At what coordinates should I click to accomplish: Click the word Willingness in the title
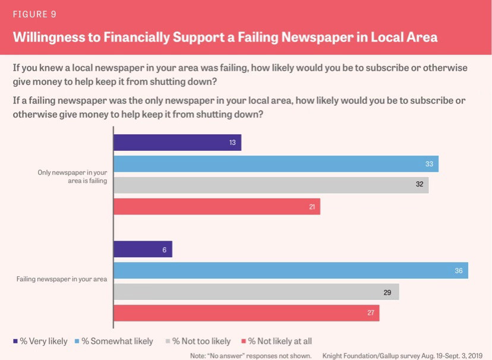51,37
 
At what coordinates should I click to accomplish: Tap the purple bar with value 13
177,143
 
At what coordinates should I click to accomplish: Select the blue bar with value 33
276,164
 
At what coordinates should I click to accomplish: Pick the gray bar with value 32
270,185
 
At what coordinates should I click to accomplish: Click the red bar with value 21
216,206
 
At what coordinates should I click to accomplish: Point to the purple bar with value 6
143,249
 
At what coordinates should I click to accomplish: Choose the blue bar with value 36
291,270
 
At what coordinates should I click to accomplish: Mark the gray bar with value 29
256,292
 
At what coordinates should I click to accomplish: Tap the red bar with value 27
246,313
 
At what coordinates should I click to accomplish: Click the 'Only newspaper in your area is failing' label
72,176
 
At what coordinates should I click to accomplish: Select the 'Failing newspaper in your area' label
62,279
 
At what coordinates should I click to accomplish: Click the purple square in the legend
15,341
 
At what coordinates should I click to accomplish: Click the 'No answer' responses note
251,355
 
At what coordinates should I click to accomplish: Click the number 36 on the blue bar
458,270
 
